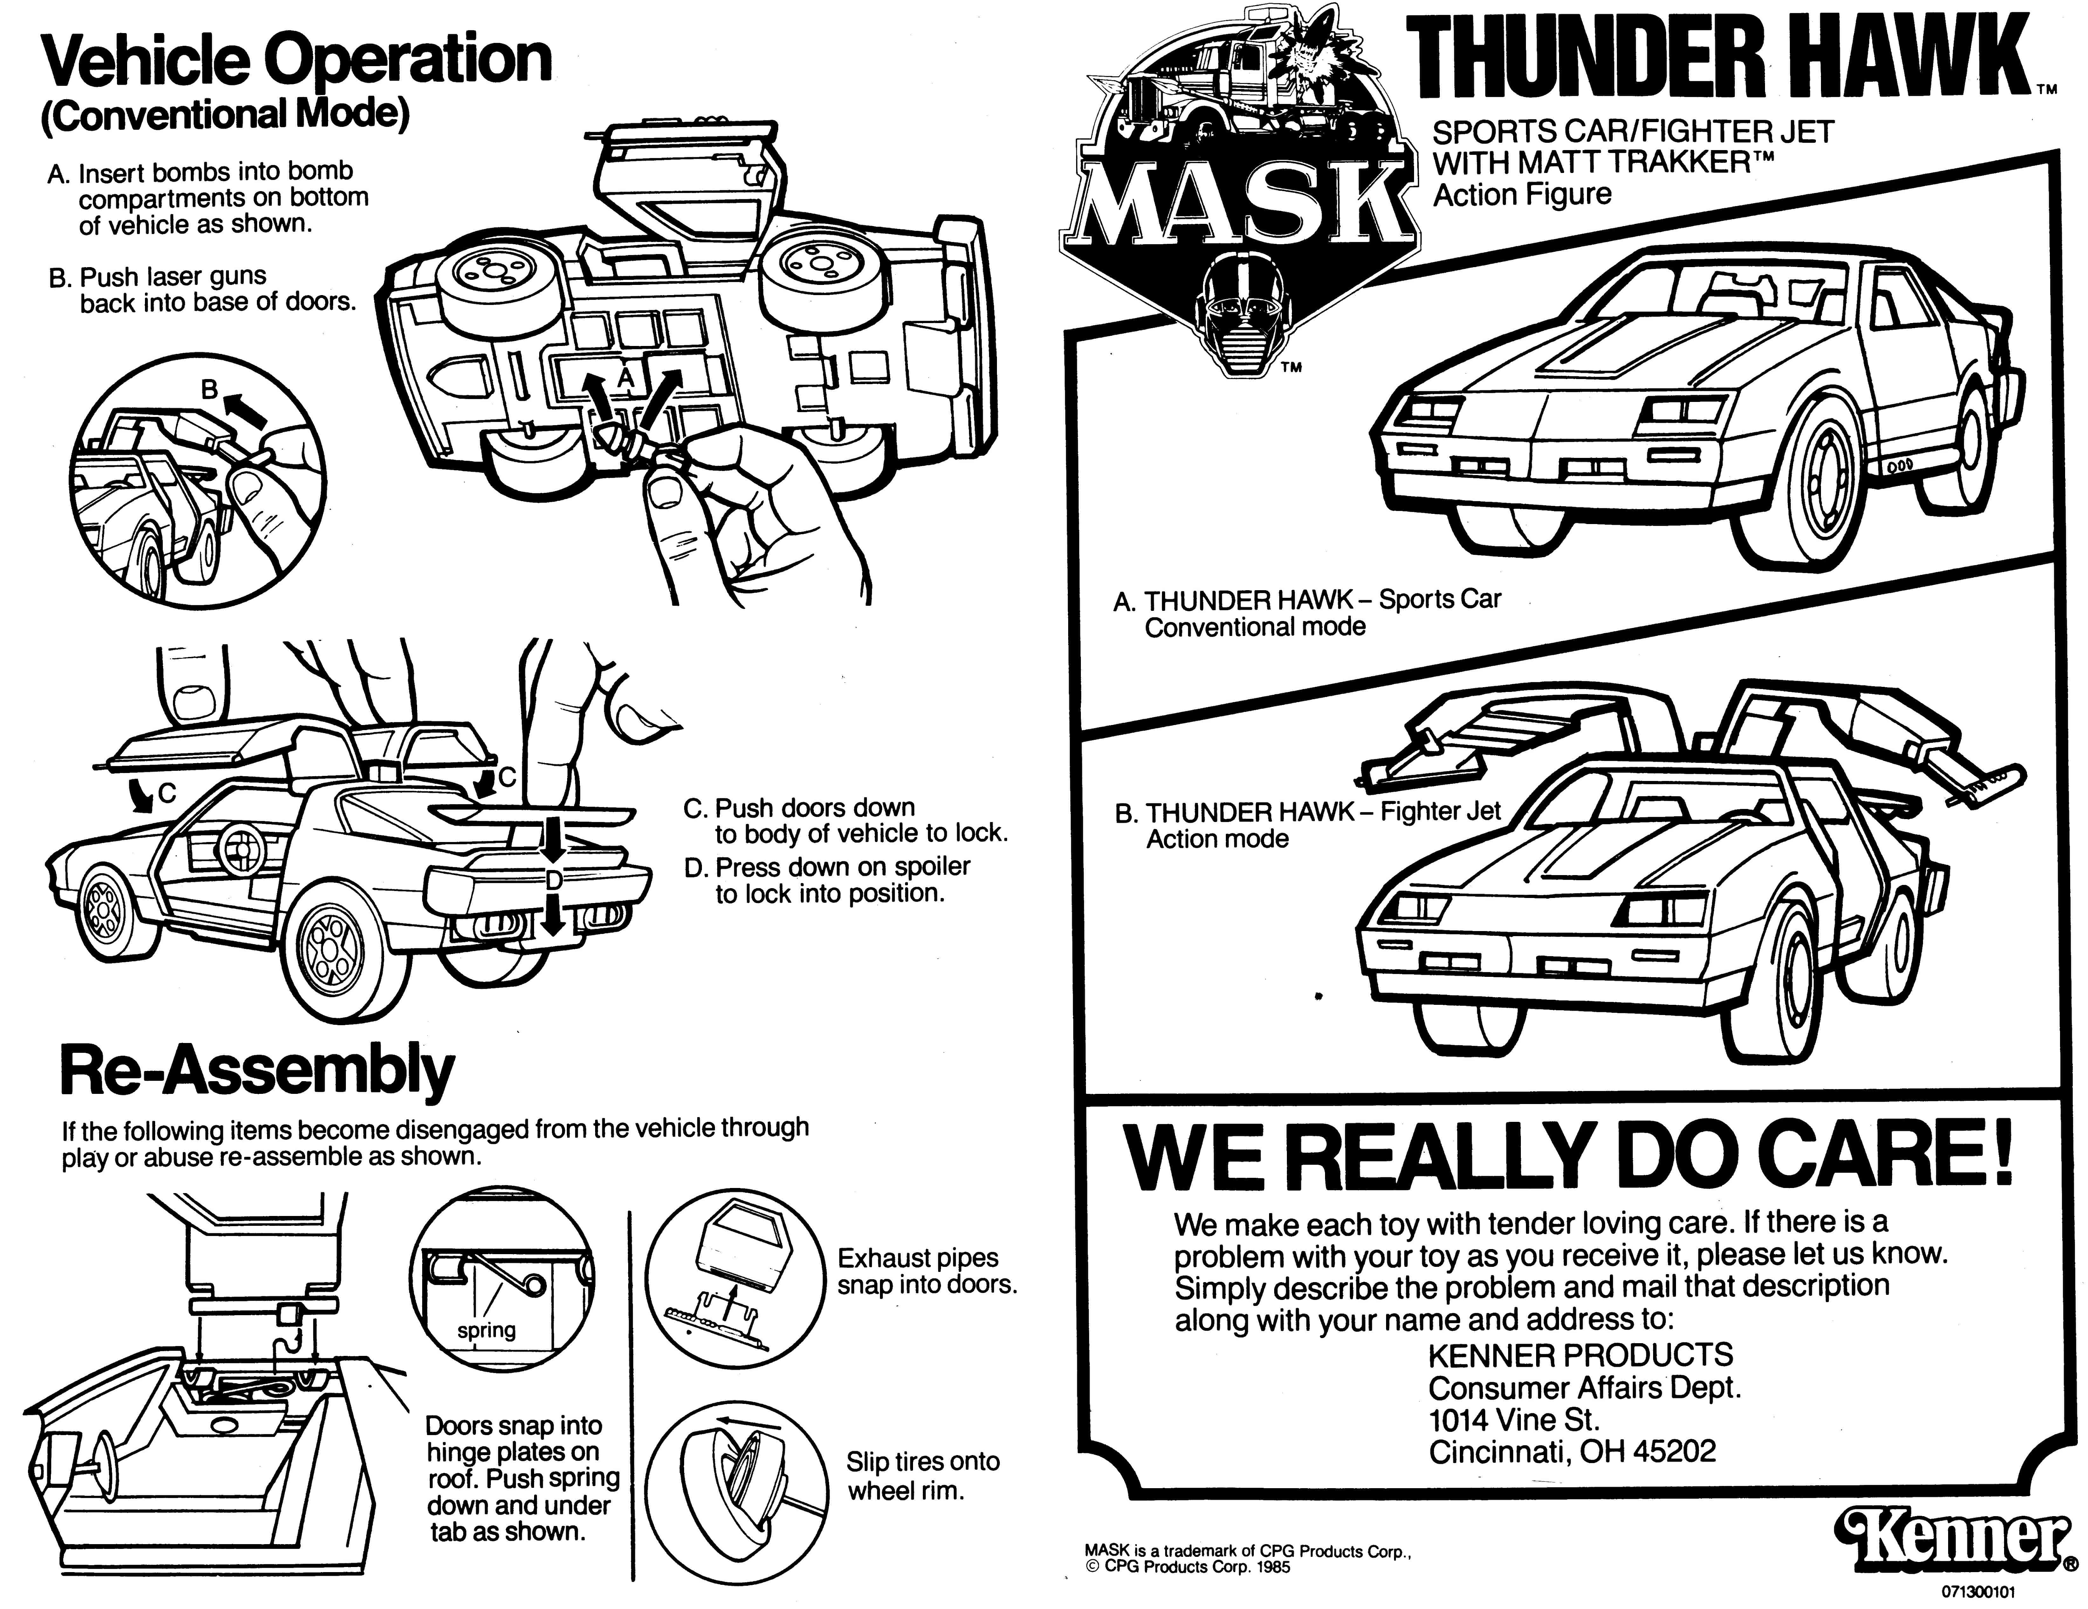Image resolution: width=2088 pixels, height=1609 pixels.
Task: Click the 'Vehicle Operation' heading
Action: point(296,59)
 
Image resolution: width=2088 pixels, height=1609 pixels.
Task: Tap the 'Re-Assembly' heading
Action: point(256,1071)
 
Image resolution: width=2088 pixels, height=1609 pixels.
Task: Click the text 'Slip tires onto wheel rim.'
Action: point(923,1475)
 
